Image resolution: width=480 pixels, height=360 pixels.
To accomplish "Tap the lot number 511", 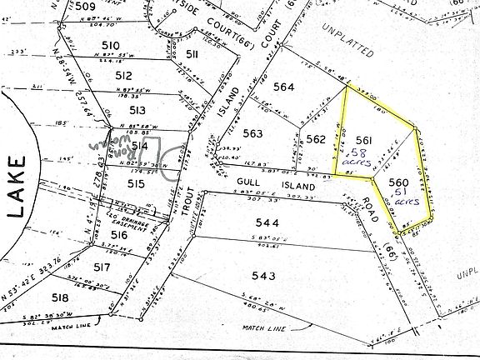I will click(x=192, y=54).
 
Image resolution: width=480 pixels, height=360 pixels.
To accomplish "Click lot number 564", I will click(x=283, y=87).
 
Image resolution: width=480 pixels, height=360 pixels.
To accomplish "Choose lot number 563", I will click(x=252, y=133).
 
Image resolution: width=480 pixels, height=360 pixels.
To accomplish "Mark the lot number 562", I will click(x=314, y=139).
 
